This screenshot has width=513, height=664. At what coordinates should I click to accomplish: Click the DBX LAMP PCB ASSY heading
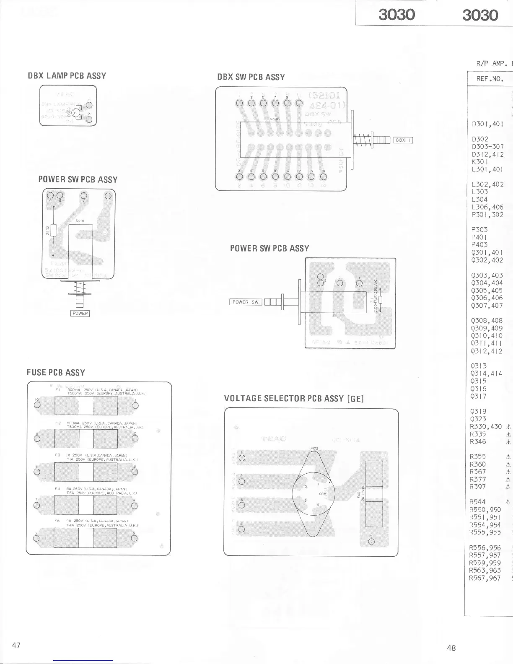coord(67,76)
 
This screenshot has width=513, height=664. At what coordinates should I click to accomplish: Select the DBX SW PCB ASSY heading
coord(251,77)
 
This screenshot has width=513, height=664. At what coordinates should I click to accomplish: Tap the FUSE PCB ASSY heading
coord(56,373)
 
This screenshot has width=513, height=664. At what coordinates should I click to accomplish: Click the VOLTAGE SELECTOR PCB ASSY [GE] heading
coord(294,399)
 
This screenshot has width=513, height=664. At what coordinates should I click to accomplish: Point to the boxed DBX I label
coord(403,140)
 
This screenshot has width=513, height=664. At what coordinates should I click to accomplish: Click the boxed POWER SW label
coord(246,302)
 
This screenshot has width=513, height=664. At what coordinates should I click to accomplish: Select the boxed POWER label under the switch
coord(80,313)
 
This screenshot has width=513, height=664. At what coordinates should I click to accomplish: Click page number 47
coord(17,645)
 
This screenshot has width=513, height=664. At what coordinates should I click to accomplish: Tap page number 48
coord(451,648)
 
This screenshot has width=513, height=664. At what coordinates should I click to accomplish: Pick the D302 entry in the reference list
coord(480,139)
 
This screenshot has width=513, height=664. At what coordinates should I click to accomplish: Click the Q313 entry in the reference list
coord(479,366)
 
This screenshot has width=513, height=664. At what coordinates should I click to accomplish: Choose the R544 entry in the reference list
coord(478,502)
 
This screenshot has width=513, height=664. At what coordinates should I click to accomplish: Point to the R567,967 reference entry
coord(485,578)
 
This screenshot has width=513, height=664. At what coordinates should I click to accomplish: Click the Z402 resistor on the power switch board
coord(54,230)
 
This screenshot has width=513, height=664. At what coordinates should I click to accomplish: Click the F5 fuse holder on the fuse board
coord(86,538)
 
